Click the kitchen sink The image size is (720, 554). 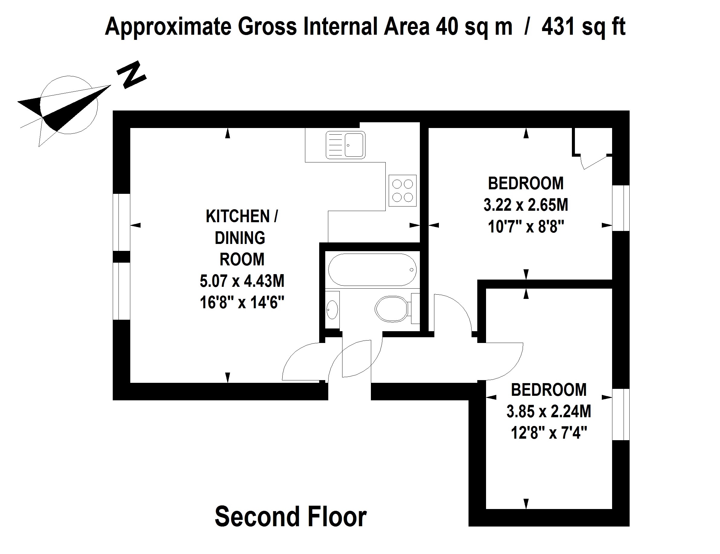[x=345, y=145]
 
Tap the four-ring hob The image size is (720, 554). [x=403, y=191]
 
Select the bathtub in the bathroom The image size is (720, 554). [x=372, y=270]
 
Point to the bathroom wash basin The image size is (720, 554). [x=332, y=310]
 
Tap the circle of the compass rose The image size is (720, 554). [x=69, y=105]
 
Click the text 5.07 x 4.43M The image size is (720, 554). [x=242, y=281]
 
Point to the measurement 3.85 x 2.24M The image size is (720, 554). [x=549, y=411]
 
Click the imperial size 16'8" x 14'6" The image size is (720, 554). [x=242, y=303]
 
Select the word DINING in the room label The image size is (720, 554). [x=240, y=238]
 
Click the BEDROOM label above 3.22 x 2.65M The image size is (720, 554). [x=526, y=184]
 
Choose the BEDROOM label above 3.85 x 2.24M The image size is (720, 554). [x=549, y=390]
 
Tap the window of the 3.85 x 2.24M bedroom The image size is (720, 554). [x=621, y=414]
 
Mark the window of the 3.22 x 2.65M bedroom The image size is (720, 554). [x=621, y=208]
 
